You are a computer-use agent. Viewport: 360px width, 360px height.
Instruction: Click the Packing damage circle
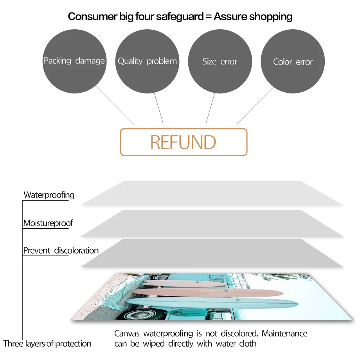click(x=74, y=61)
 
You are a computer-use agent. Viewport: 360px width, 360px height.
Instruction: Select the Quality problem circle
click(x=147, y=61)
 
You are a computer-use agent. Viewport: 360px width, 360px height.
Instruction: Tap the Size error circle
click(x=220, y=61)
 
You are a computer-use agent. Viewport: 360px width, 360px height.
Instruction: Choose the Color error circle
click(x=293, y=62)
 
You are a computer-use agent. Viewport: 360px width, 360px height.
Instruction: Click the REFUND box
click(x=184, y=142)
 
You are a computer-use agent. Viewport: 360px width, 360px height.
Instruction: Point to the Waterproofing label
click(x=49, y=195)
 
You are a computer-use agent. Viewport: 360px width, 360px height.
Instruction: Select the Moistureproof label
click(x=48, y=223)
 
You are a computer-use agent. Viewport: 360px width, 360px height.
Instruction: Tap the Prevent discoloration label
click(x=61, y=250)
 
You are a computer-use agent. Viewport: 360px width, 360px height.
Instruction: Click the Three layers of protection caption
click(x=47, y=344)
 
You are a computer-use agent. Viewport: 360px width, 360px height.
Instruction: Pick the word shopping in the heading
click(x=271, y=16)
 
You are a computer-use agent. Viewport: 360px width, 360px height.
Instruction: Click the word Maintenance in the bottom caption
click(x=284, y=334)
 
